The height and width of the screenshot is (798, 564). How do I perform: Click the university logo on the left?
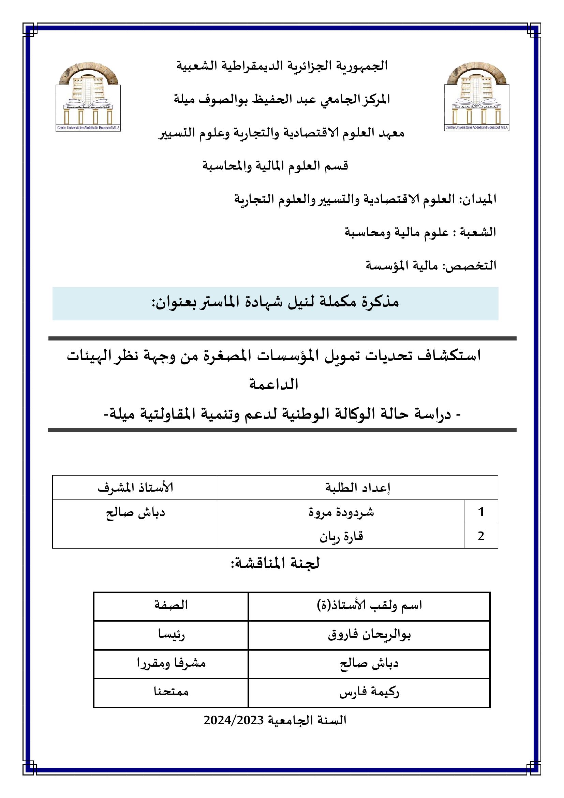pos(88,97)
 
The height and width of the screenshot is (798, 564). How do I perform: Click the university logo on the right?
pos(477,97)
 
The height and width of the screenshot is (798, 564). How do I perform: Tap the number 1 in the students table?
pos(481,512)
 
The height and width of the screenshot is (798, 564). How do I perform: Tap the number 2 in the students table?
pos(481,536)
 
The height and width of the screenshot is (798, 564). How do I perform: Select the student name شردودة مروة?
pos(341,512)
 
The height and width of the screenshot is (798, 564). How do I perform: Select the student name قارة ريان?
pos(341,536)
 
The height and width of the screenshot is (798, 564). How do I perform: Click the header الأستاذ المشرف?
pos(135,488)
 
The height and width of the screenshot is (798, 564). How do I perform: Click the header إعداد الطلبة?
pos(358,488)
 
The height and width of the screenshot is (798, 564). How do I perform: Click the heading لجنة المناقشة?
pos(275,563)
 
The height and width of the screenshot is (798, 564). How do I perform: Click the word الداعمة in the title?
pos(274,385)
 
